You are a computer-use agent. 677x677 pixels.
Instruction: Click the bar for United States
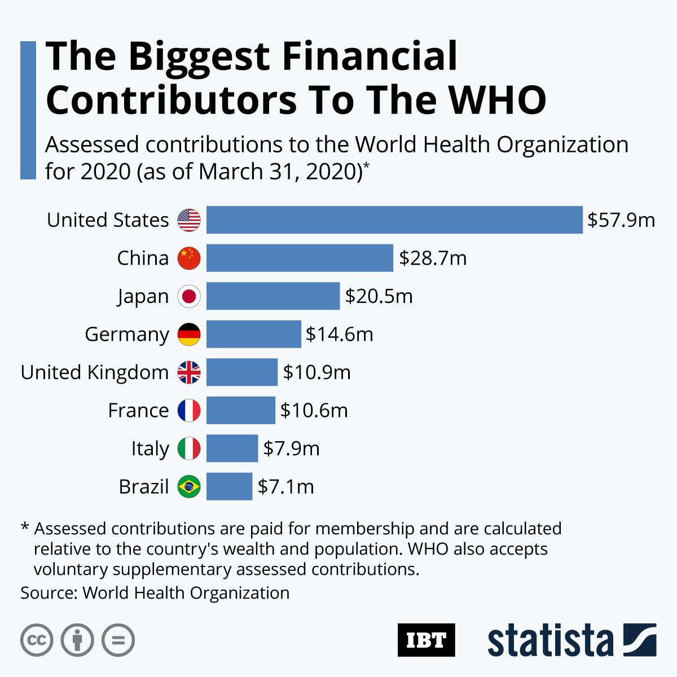pyautogui.click(x=394, y=219)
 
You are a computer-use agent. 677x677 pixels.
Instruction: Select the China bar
pyautogui.click(x=300, y=258)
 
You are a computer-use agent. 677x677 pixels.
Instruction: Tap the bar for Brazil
pyautogui.click(x=229, y=486)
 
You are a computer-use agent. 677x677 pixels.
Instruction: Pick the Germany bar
pyautogui.click(x=253, y=334)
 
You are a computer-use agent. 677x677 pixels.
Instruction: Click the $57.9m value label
pyautogui.click(x=621, y=219)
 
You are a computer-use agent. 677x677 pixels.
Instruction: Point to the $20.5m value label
pyautogui.click(x=379, y=296)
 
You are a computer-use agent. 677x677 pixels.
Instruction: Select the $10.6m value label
pyautogui.click(x=314, y=410)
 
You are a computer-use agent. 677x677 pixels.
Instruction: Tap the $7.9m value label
pyautogui.click(x=291, y=449)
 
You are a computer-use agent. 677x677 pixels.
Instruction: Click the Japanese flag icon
pyautogui.click(x=189, y=296)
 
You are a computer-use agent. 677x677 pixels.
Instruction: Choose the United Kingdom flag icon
pyautogui.click(x=189, y=372)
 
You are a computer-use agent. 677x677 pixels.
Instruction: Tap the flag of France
pyautogui.click(x=189, y=410)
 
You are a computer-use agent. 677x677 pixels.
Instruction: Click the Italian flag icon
pyautogui.click(x=189, y=449)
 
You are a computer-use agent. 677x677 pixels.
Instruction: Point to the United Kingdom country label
pyautogui.click(x=95, y=372)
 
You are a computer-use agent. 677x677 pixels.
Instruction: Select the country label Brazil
pyautogui.click(x=144, y=486)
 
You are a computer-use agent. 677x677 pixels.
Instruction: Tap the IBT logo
pyautogui.click(x=426, y=640)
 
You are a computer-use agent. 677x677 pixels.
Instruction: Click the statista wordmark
pyautogui.click(x=551, y=640)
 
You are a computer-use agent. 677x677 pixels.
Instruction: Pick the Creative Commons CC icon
pyautogui.click(x=37, y=640)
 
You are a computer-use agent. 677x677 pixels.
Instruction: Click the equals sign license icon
pyautogui.click(x=118, y=640)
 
